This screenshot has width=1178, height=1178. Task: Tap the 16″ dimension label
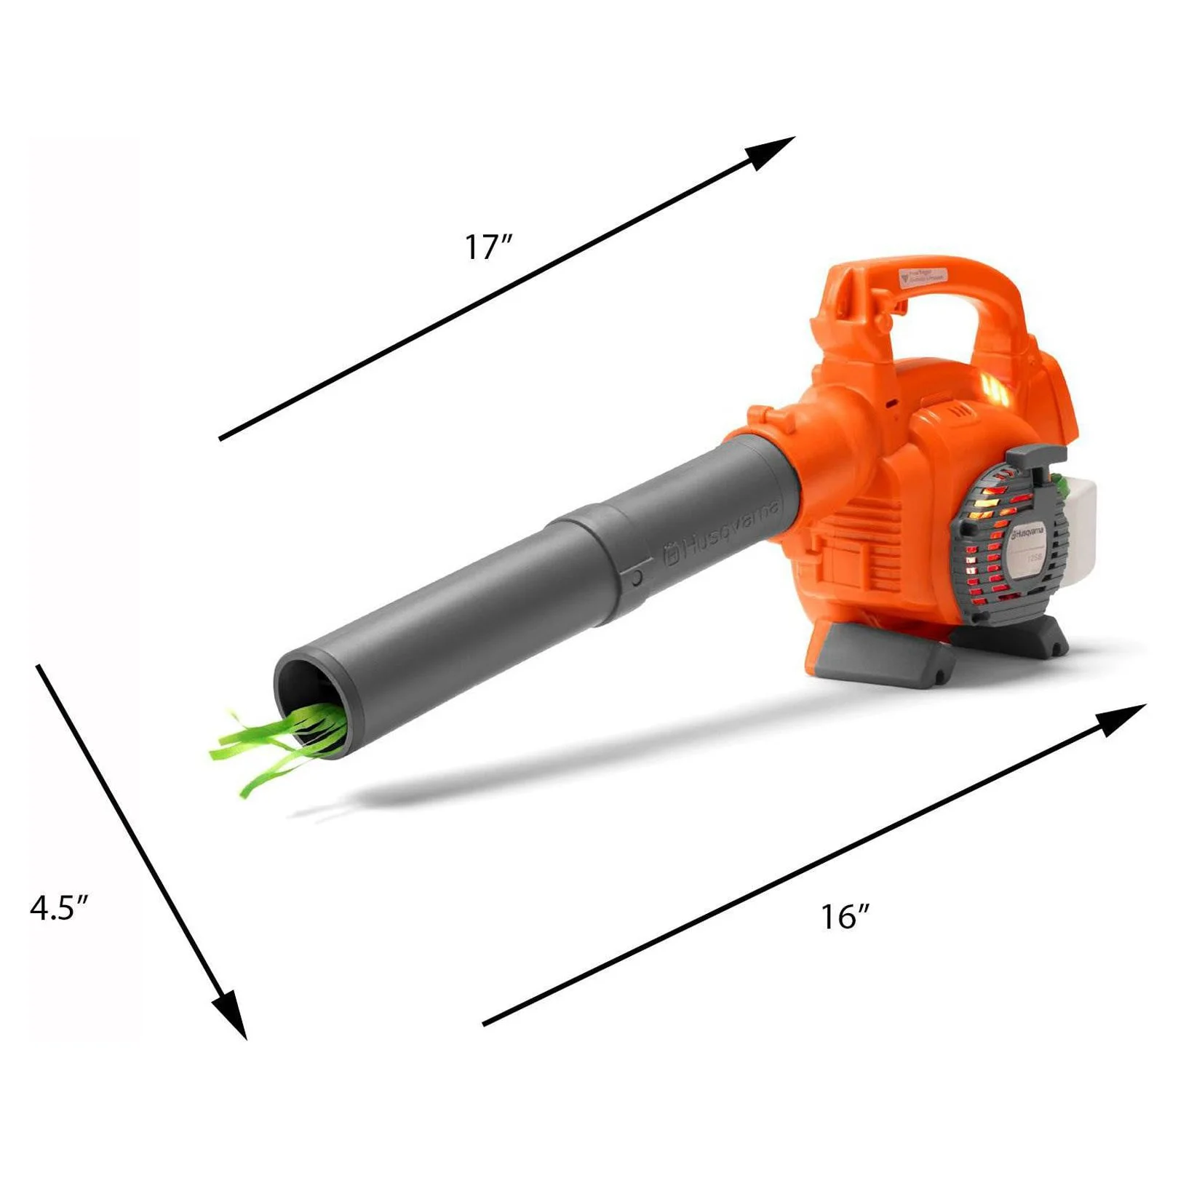click(845, 917)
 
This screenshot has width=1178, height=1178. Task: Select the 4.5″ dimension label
click(60, 907)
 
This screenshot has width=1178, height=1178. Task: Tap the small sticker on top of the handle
click(923, 276)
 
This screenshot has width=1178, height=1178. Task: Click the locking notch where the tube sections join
click(637, 578)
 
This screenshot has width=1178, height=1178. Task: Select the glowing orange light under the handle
click(993, 389)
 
